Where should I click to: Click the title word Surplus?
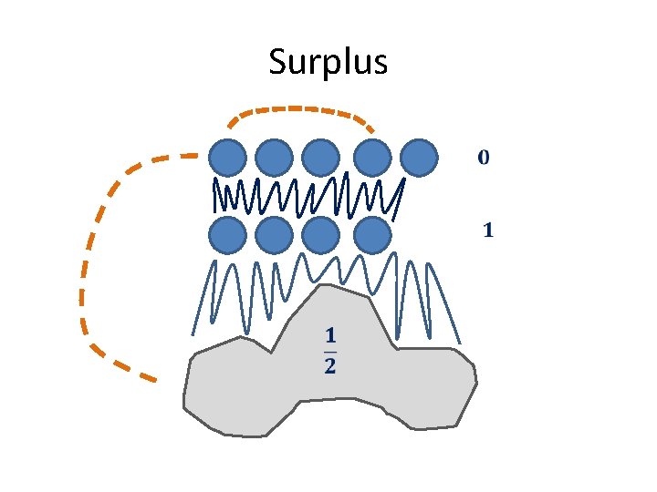328,63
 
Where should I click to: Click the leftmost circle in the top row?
227,158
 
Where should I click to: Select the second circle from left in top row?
274,158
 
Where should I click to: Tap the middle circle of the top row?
321,158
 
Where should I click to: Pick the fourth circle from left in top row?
371,158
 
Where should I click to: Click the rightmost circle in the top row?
420,158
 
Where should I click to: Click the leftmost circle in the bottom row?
227,236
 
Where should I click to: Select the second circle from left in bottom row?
274,236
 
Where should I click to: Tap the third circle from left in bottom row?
321,236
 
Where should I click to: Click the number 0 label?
484,158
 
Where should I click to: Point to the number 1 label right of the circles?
487,231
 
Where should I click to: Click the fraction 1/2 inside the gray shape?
329,352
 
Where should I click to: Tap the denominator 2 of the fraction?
329,367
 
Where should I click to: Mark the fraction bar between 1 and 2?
329,352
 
